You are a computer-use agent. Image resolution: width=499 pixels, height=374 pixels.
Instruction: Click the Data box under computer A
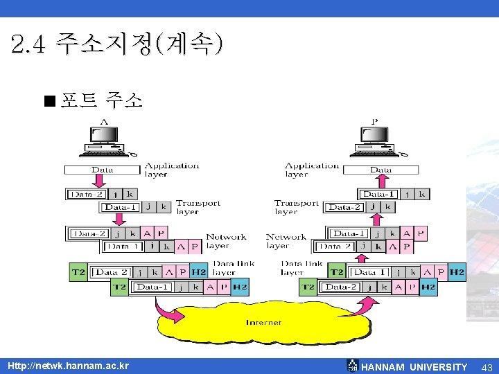coord(102,170)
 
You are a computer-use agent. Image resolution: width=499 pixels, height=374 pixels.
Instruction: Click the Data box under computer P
coord(380,170)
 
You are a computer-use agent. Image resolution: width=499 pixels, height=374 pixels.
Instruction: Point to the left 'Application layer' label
coord(171,170)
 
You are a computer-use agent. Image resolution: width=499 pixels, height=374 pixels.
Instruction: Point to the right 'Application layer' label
coord(311,170)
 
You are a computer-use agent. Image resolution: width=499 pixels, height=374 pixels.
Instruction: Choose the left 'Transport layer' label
coord(198,207)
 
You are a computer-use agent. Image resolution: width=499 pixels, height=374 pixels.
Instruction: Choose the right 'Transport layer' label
coord(297,207)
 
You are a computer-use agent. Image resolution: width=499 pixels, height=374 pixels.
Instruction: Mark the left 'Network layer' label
coord(225,241)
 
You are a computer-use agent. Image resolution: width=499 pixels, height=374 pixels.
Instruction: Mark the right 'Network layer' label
coord(286,241)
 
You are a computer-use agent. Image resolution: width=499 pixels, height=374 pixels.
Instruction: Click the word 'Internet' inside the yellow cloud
coord(264,322)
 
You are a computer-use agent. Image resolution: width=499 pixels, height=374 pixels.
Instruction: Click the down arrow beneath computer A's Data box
coord(99,181)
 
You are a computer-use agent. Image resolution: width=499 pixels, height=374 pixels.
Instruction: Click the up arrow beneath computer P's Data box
coord(380,181)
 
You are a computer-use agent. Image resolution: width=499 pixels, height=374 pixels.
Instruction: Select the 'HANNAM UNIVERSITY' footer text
coord(414,367)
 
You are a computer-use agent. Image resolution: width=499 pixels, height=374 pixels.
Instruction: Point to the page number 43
coord(487,367)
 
